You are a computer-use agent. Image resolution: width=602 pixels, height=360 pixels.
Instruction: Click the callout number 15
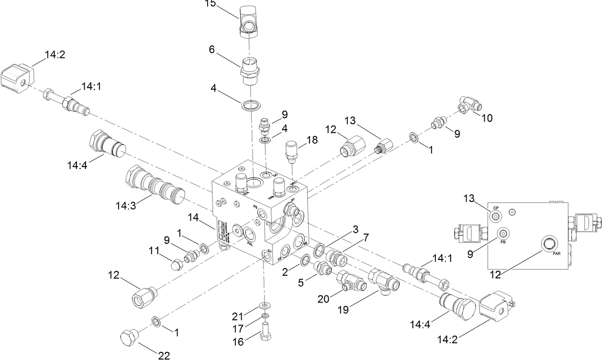point(210,4)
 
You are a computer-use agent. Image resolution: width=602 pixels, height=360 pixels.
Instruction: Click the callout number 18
point(312,140)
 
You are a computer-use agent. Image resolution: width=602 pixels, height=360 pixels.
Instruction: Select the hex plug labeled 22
point(128,338)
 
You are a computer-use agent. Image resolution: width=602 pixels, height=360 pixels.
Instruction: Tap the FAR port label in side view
point(557,253)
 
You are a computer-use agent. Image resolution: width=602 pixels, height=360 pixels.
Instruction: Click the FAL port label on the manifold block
point(250,243)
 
